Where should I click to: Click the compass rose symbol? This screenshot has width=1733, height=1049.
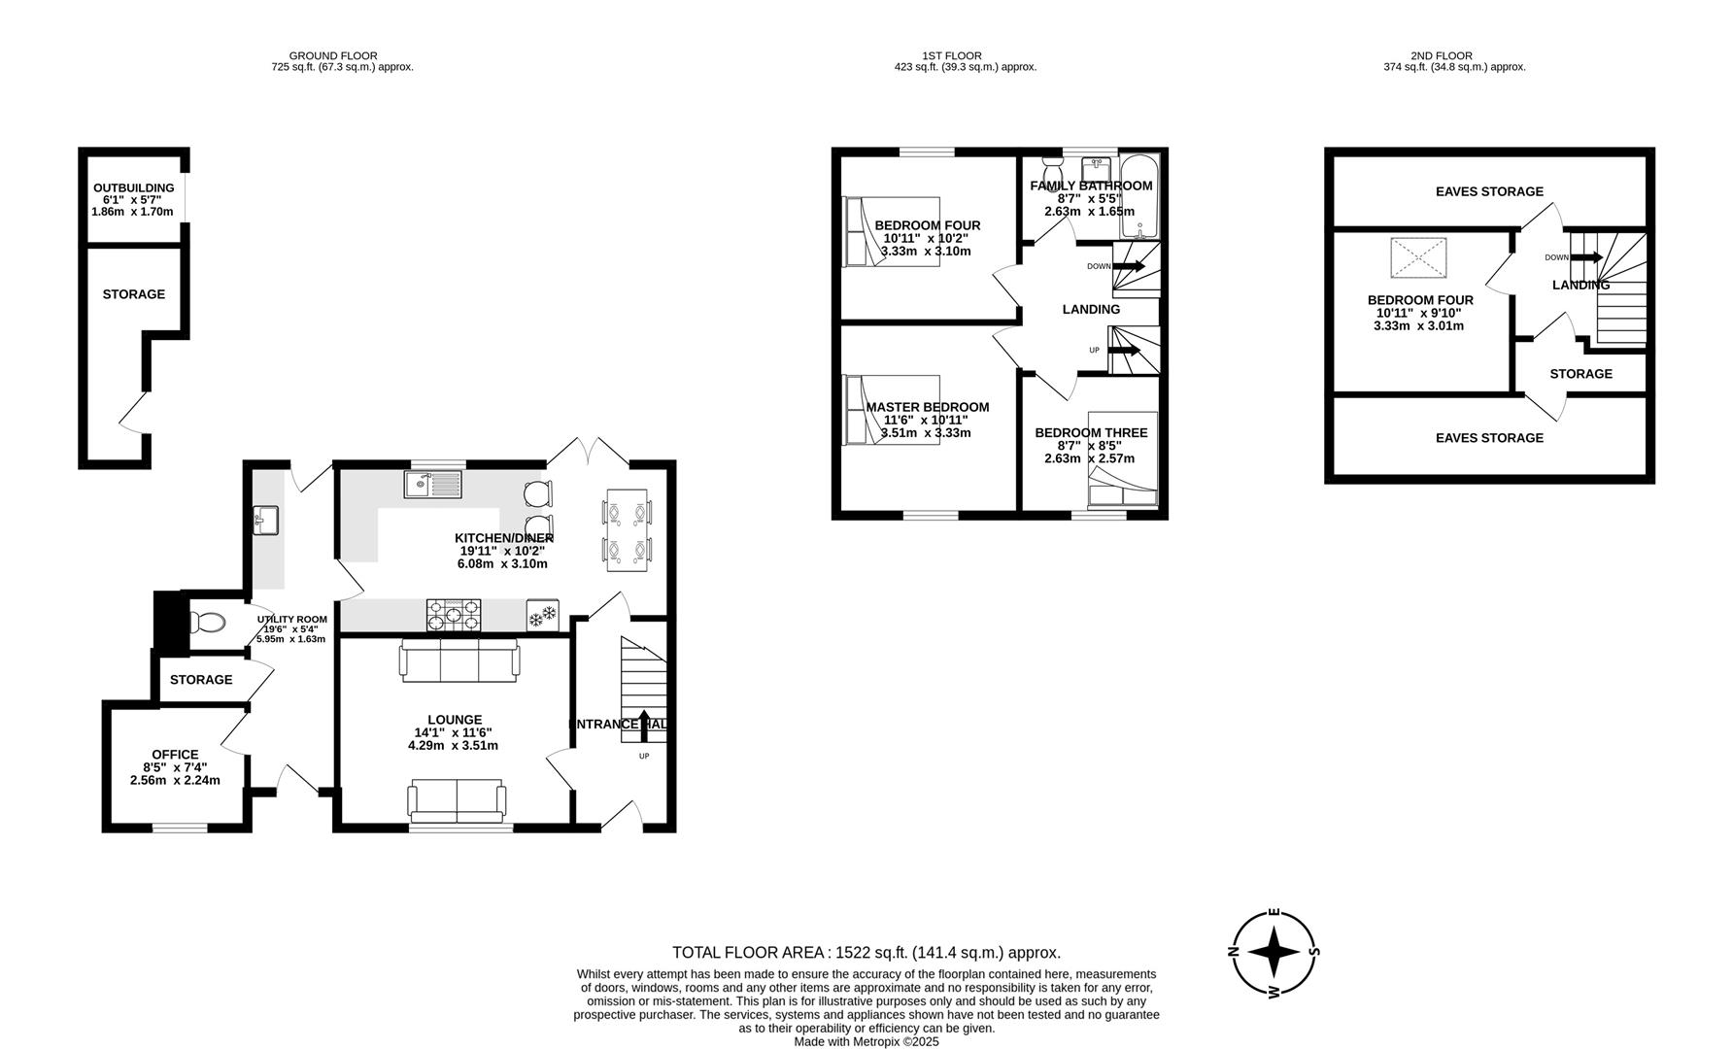click(x=1274, y=953)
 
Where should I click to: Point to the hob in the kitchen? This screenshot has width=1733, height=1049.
click(x=454, y=615)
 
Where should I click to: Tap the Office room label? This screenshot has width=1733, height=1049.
click(x=175, y=755)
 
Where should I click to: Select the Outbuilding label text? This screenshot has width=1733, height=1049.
click(x=133, y=188)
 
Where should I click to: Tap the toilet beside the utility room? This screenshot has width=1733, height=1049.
click(x=207, y=623)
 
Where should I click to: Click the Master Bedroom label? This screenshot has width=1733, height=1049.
click(x=927, y=407)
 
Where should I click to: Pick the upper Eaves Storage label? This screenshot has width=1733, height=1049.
click(x=1488, y=191)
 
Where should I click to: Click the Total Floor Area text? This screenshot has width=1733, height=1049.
click(x=866, y=953)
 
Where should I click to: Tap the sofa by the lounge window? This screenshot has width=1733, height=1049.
click(x=456, y=799)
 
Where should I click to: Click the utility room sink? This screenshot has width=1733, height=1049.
click(x=264, y=521)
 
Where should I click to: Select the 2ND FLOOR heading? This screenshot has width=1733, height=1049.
click(x=1441, y=56)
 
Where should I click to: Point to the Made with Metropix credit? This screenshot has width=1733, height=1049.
click(x=866, y=1042)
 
